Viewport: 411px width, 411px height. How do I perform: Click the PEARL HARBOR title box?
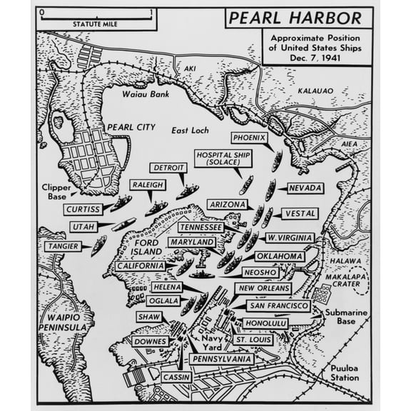[298, 17]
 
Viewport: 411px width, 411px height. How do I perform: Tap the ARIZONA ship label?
[227, 204]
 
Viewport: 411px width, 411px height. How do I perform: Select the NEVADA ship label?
[305, 188]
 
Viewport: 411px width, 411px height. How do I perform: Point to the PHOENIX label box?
[249, 138]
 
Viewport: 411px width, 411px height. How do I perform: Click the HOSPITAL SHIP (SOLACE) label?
[224, 159]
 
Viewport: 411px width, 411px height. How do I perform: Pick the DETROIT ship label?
[168, 168]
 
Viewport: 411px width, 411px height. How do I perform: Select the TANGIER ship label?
[64, 246]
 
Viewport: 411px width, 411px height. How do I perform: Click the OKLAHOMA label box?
[280, 256]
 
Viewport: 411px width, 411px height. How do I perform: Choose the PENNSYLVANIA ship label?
[221, 358]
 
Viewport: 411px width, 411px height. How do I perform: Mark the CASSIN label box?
[176, 377]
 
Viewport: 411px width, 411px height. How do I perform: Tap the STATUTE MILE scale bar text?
[96, 24]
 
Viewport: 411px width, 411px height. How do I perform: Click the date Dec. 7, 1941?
[317, 57]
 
